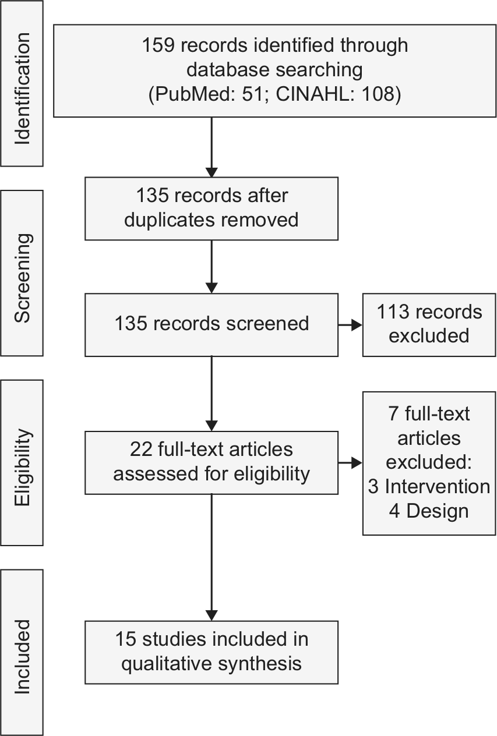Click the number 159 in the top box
pos(158,45)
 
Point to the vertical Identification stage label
pos(22,89)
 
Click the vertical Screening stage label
pos(23,278)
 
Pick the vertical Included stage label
pos(22,657)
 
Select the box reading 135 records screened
pos(212,325)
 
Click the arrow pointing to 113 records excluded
pos(350,325)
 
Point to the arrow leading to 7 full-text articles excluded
pos(350,463)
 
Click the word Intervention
pos(438,487)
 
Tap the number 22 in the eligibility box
pos(141,449)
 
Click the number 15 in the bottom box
pos(126,639)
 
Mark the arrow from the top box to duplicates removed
pos(212,147)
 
